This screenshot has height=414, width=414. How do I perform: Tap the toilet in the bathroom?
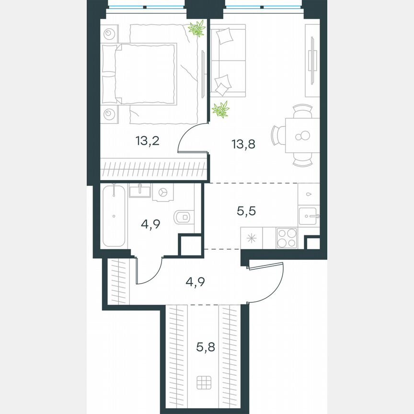point(183,217)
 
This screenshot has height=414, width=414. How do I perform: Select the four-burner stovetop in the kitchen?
point(287,238)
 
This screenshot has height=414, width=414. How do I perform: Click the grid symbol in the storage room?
point(205,383)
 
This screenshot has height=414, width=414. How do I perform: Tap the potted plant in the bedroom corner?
point(196,29)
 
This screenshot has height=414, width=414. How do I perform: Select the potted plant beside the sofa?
point(220,110)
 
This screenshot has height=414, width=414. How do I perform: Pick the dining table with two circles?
point(302,135)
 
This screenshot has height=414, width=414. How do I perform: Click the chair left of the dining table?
point(278,135)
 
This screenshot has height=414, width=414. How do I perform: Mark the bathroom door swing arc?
point(149,273)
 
